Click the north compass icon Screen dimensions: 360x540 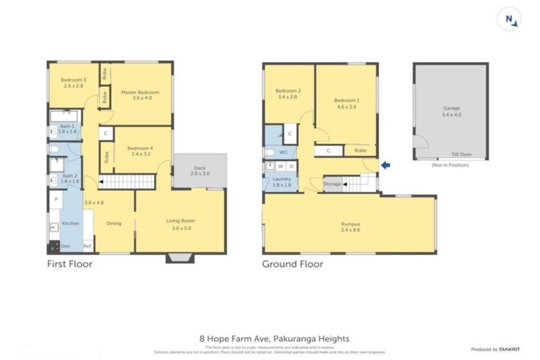[510, 20]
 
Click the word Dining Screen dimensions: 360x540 [114, 224]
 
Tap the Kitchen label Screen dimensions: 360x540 [71, 223]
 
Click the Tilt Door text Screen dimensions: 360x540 [461, 154]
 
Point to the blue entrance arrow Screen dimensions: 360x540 [385, 165]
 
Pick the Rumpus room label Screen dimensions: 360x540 [349, 225]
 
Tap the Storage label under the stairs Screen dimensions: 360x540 [333, 184]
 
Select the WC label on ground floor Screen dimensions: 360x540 [284, 151]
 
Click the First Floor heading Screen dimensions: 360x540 [70, 264]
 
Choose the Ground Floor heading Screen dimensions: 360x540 [292, 264]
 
